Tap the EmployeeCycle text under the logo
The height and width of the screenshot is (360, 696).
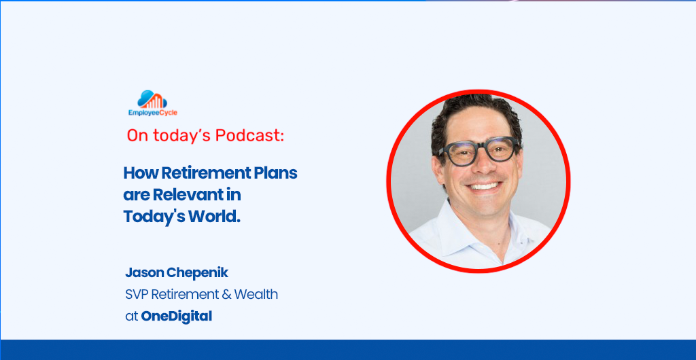coord(153,113)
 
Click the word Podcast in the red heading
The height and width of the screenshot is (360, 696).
coord(249,136)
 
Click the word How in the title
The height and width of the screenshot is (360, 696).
coord(141,173)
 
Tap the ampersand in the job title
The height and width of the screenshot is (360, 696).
coord(226,294)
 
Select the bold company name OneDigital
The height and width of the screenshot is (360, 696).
coord(176,317)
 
